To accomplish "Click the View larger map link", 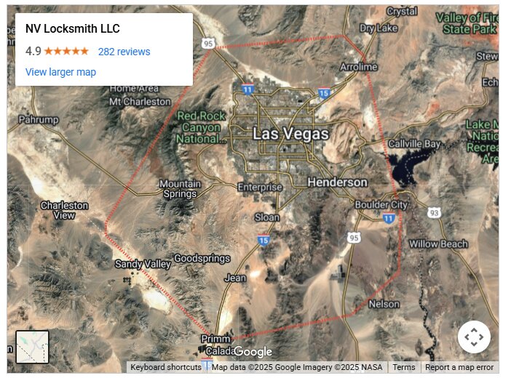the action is tap(60, 72).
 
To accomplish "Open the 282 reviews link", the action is tap(124, 52).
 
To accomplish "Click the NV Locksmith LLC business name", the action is tap(72, 29).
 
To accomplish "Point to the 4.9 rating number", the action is tap(33, 52).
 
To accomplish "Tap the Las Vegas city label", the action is tap(290, 134).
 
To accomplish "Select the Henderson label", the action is tap(337, 182).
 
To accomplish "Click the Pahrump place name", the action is tap(39, 119).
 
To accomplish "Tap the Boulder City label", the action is tap(381, 205).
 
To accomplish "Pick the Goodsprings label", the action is tap(202, 258).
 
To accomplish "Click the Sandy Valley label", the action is tap(142, 264).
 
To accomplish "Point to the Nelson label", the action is tap(384, 304).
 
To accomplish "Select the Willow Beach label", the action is tap(437, 244).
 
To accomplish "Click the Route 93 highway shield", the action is tap(435, 212).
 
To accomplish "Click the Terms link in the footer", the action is tap(404, 368).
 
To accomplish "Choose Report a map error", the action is tap(459, 368).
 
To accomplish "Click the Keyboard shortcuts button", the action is tap(166, 368).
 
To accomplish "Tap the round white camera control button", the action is tap(474, 337).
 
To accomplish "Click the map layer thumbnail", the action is tap(33, 347).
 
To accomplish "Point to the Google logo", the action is tap(253, 353).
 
